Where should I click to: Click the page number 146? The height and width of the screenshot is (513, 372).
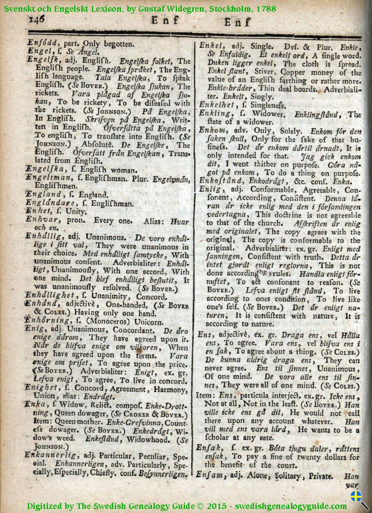(x=36, y=19)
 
